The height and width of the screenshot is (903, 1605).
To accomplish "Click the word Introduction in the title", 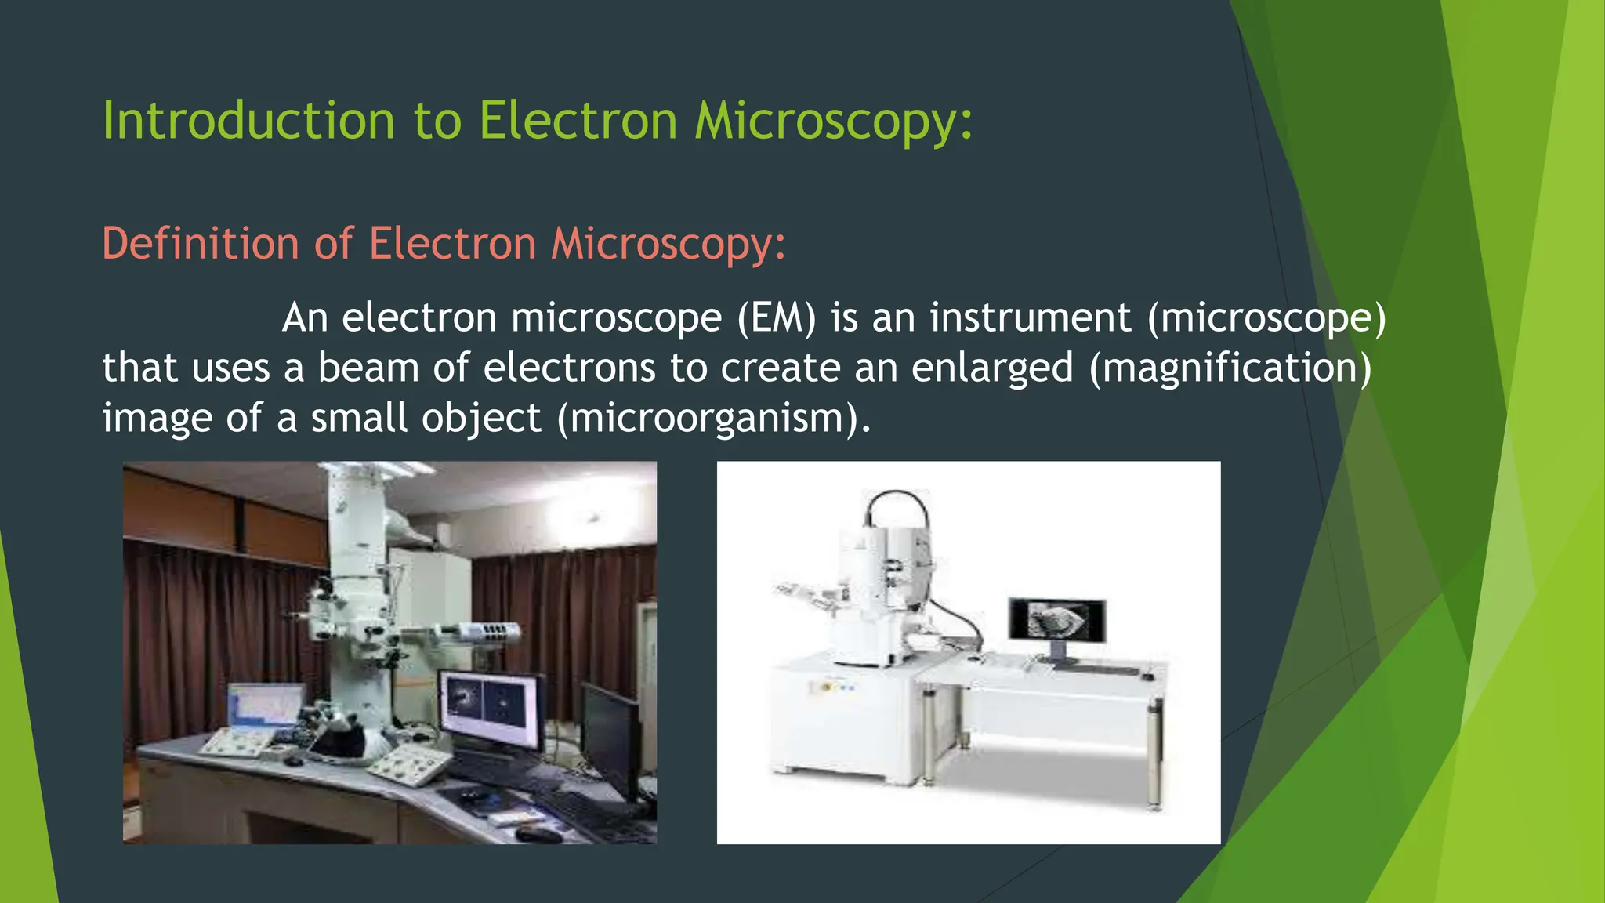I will point(248,121).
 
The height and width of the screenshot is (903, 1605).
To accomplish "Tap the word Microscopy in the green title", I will point(833,121).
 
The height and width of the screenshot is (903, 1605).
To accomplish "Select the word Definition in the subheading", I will point(200,243).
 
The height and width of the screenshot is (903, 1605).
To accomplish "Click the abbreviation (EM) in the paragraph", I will point(777,317).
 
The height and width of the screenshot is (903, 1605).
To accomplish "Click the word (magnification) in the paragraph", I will point(1230,368).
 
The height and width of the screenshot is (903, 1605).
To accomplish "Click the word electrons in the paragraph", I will point(569,368).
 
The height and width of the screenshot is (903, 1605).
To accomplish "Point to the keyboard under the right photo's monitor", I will point(1093,669).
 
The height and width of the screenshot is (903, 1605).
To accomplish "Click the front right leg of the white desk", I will point(1154,752).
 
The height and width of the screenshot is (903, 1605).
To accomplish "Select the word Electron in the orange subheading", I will point(452,243).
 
